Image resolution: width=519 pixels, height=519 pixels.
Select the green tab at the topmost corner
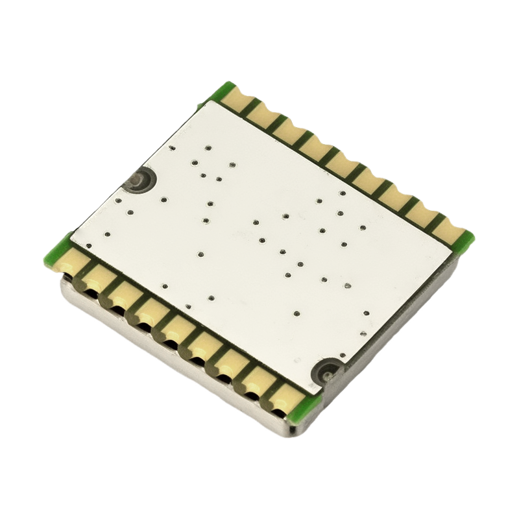click(224, 91)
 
